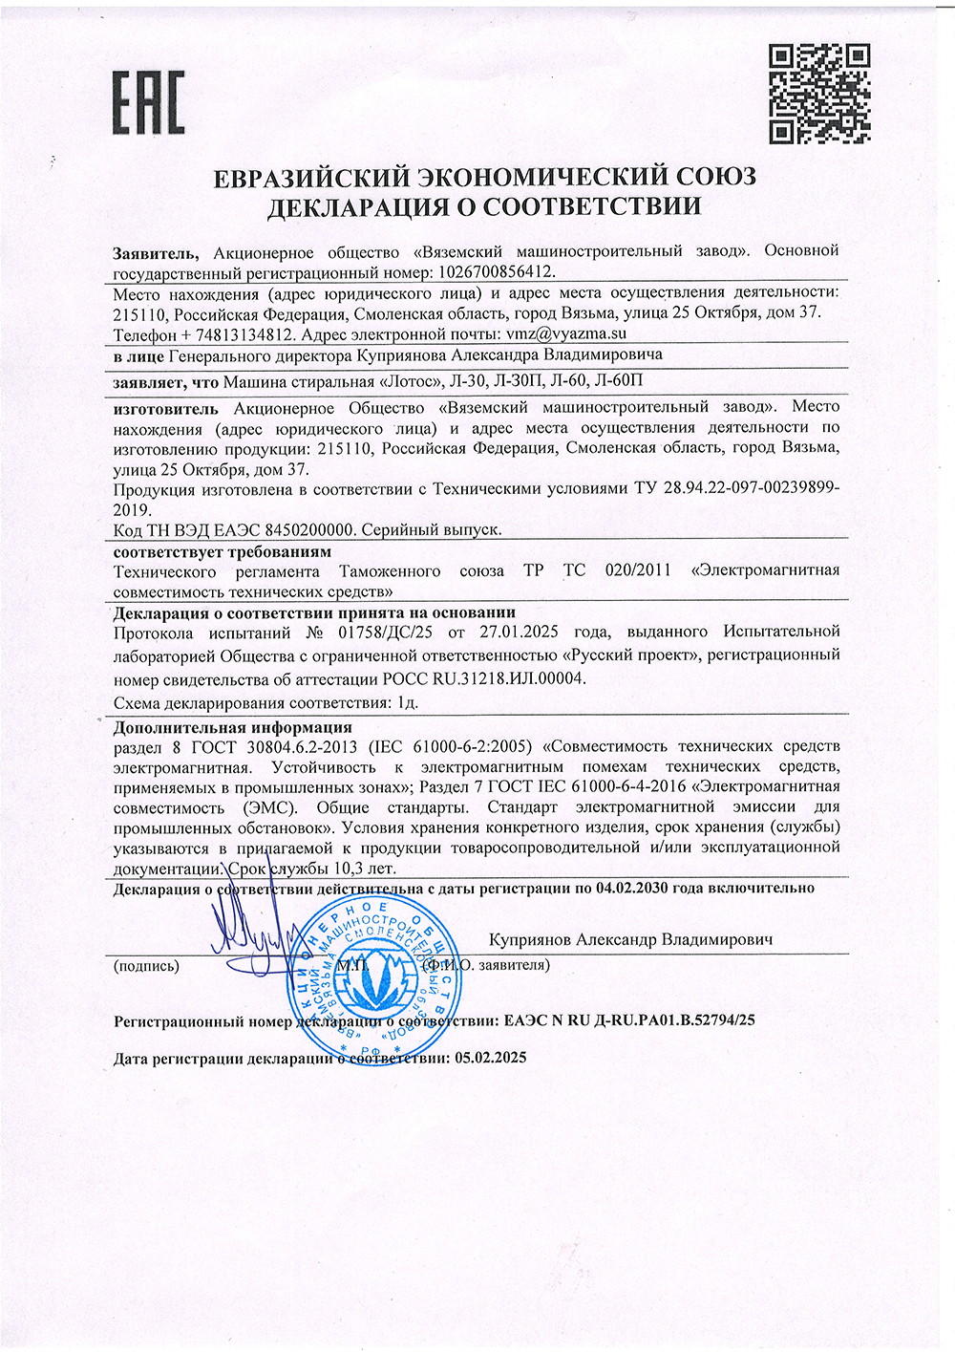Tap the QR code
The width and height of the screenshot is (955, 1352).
point(818,92)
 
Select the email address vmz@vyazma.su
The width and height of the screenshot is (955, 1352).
point(565,334)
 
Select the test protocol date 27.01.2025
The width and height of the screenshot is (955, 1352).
point(517,632)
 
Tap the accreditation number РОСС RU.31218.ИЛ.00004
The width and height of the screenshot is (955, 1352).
point(482,677)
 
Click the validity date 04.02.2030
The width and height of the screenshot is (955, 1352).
point(633,888)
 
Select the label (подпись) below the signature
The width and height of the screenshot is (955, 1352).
point(146,966)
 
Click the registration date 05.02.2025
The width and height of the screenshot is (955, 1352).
point(491,1059)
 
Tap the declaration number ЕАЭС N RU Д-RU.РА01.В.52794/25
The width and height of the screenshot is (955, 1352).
point(627,1020)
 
